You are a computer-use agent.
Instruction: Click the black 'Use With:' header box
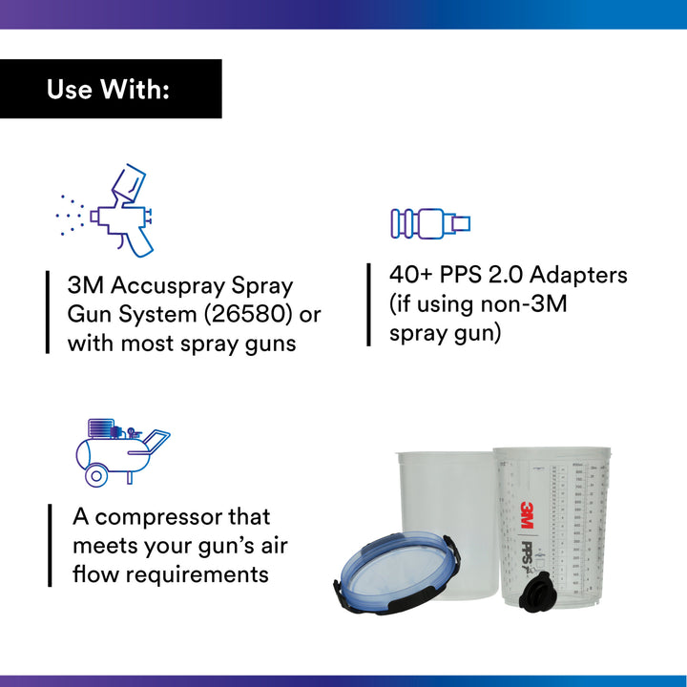click(110, 89)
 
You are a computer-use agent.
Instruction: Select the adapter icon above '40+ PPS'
click(430, 223)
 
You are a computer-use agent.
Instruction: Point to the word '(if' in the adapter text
click(402, 304)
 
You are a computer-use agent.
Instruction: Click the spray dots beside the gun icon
click(70, 215)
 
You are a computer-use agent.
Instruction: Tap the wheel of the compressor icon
click(95, 474)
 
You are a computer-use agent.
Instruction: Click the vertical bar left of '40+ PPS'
click(369, 304)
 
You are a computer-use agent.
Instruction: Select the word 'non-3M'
click(547, 304)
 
